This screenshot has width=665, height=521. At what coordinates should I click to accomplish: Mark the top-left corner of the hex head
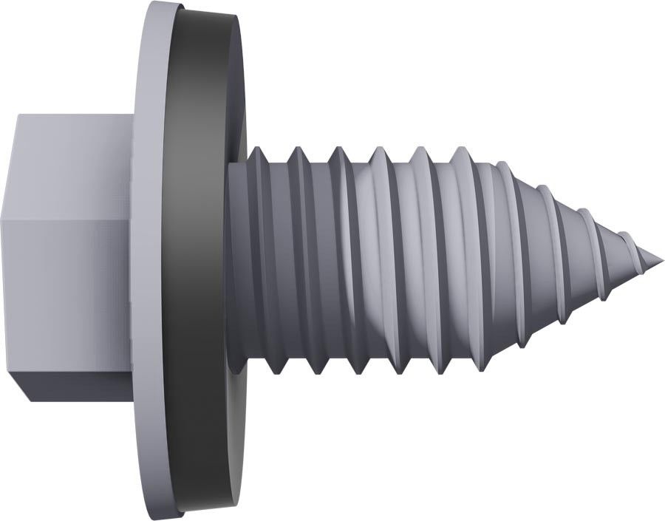16,115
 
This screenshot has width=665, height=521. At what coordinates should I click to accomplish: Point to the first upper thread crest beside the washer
256,149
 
